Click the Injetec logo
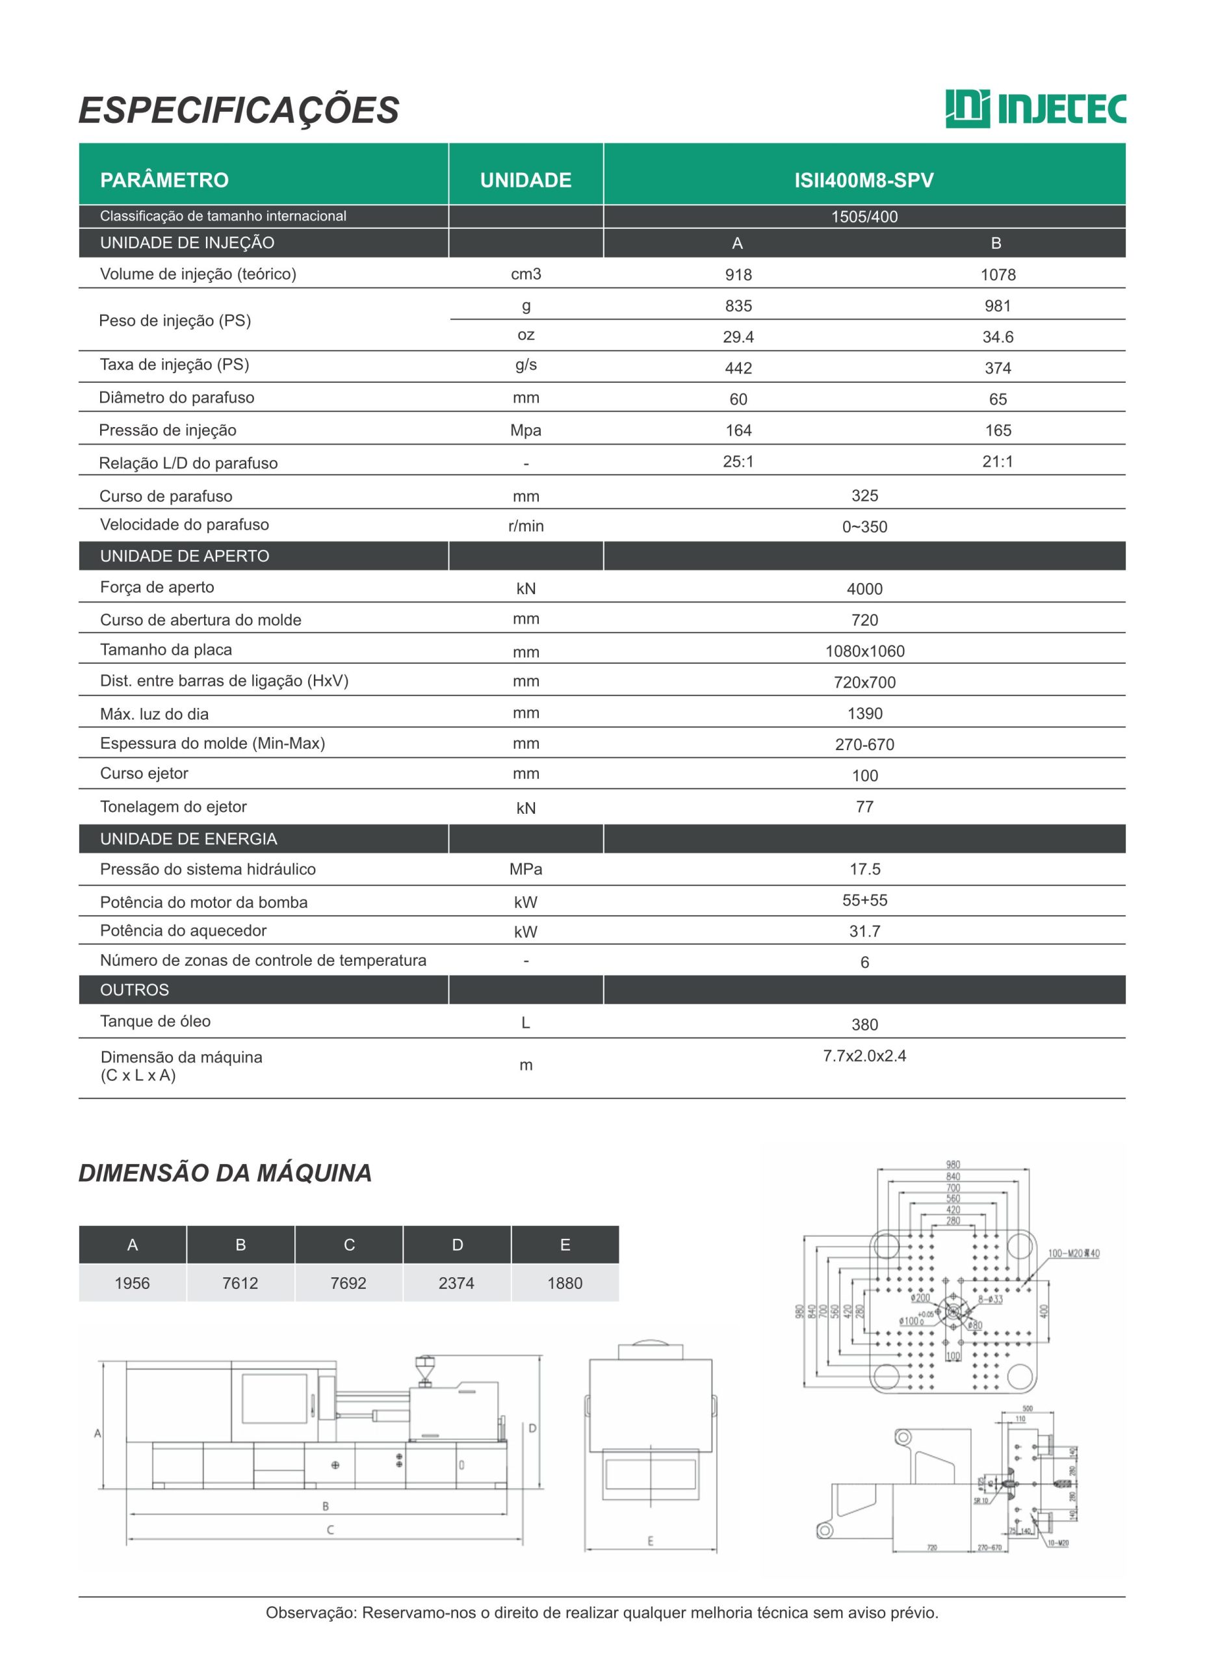click(x=1035, y=109)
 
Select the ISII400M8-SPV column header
click(x=863, y=180)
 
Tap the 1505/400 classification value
click(x=864, y=216)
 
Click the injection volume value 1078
click(x=998, y=274)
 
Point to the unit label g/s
click(x=525, y=365)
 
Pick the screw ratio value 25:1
click(x=738, y=461)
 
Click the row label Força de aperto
click(x=157, y=587)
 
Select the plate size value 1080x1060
click(x=864, y=651)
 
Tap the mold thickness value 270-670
click(x=864, y=744)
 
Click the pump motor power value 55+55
click(x=864, y=900)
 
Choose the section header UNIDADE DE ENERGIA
click(x=188, y=838)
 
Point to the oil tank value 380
click(x=864, y=1024)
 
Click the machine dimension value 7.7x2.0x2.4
click(x=864, y=1056)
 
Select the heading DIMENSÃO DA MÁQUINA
click(x=224, y=1173)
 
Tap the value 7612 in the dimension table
click(x=240, y=1283)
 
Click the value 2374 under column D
click(x=456, y=1283)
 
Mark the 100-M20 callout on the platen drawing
click(x=1073, y=1253)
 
